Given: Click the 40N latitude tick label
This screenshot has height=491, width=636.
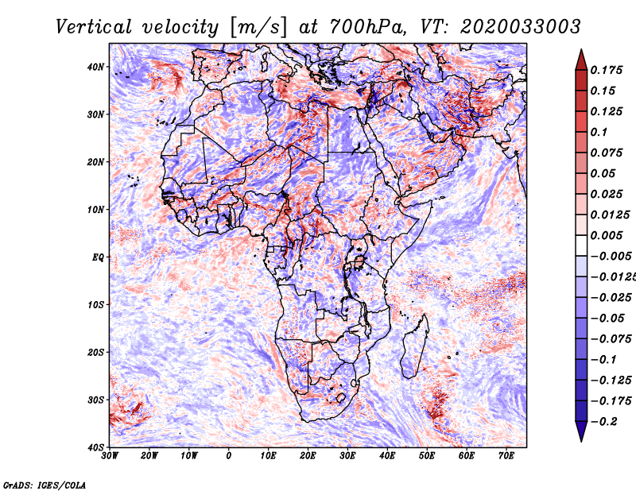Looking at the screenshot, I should pyautogui.click(x=96, y=67).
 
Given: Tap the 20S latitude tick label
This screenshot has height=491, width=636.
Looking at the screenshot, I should pyautogui.click(x=96, y=352).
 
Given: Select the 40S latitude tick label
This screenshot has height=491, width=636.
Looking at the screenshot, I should pyautogui.click(x=96, y=447).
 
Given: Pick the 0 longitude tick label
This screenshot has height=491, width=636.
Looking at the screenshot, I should pyautogui.click(x=229, y=457).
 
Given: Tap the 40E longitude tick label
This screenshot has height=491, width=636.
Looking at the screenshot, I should pyautogui.click(x=387, y=457).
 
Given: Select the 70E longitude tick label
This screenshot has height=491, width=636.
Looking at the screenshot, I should pyautogui.click(x=506, y=457).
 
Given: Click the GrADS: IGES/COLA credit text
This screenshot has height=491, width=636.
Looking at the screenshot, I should pyautogui.click(x=44, y=484).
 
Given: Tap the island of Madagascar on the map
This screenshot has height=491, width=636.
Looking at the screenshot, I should pyautogui.click(x=411, y=346).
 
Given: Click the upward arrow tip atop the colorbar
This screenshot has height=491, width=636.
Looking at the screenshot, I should pyautogui.click(x=581, y=51).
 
